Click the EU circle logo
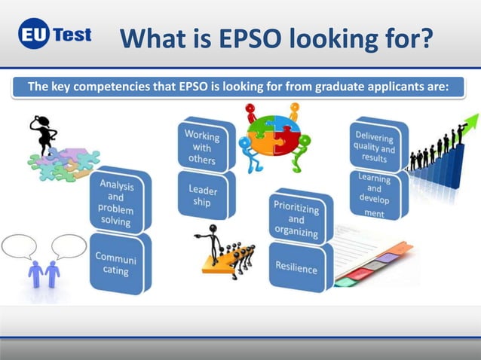pyautogui.click(x=35, y=35)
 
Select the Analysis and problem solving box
pyautogui.click(x=119, y=201)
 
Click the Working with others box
pyautogui.click(x=202, y=145)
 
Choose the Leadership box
pyautogui.click(x=204, y=194)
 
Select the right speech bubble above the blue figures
pyautogui.click(x=69, y=246)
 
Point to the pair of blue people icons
pyautogui.click(x=44, y=273)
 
